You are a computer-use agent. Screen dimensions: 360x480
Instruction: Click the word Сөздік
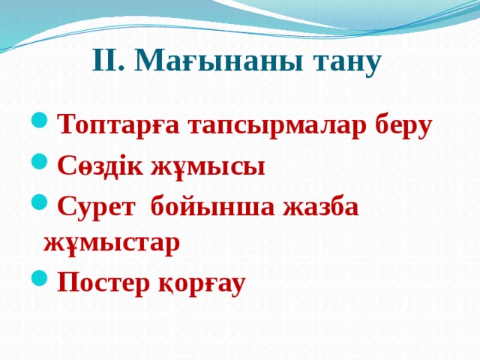click(x=103, y=165)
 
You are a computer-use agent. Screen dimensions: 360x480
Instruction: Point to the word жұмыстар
click(x=112, y=244)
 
